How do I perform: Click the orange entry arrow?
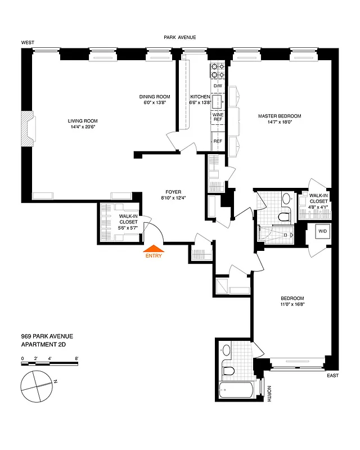(154, 247)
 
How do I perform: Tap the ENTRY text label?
(154, 256)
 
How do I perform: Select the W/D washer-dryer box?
(322, 232)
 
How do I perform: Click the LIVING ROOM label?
(83, 124)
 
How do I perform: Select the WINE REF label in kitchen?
(218, 118)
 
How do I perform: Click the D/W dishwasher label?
(218, 85)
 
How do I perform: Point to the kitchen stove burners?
(218, 71)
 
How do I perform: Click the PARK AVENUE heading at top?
(179, 37)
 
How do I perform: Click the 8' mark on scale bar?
(76, 358)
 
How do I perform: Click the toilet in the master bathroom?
(284, 216)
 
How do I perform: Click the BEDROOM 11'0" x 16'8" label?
(292, 301)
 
